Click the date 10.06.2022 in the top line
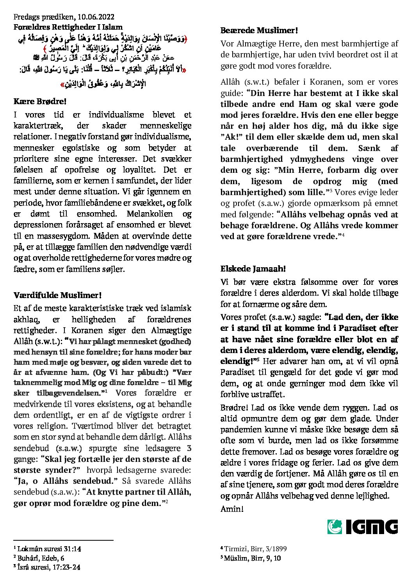click(96, 17)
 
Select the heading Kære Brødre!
click(40, 101)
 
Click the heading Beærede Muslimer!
click(259, 30)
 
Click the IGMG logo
click(362, 527)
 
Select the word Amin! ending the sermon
click(232, 509)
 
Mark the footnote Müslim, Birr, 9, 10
click(251, 558)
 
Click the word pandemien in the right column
click(238, 430)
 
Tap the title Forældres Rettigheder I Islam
click(68, 27)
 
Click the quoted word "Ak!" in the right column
click(229, 137)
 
